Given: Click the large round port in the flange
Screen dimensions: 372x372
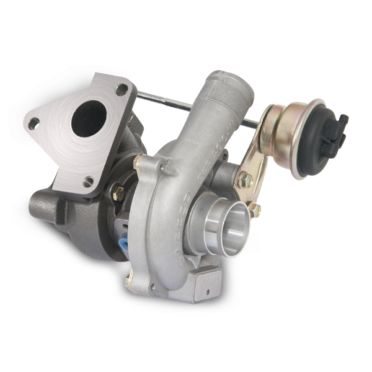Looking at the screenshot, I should click(x=87, y=118).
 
